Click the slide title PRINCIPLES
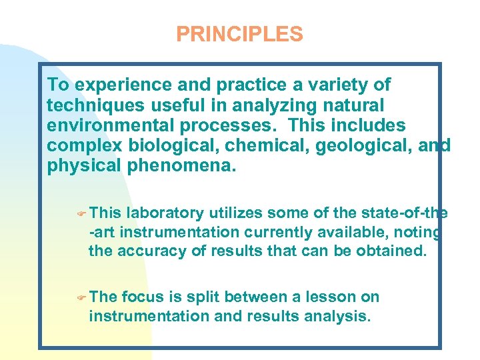[x=239, y=34]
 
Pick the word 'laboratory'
[x=165, y=213]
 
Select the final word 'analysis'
[x=334, y=316]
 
